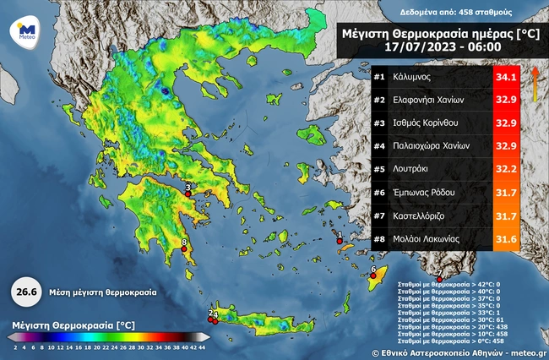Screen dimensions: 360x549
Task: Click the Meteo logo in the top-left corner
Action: coord(24,32)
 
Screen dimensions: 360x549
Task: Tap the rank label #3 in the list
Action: coord(379,124)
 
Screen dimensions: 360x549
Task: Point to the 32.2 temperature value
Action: coord(505,170)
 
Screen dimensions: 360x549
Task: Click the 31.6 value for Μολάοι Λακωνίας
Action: coord(505,239)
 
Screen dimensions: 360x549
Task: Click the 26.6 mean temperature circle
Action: coord(26,292)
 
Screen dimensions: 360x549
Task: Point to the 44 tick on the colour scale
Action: coord(202,346)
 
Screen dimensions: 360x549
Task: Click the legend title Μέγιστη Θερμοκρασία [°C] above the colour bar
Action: coord(74,325)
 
